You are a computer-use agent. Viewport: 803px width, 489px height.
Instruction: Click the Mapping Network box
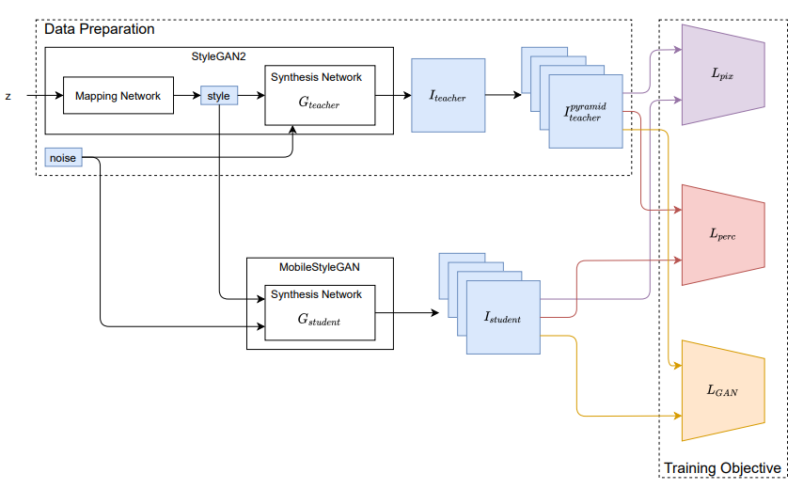pos(118,96)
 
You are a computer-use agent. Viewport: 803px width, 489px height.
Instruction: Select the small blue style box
pos(218,96)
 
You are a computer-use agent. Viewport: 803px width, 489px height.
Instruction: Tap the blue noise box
pos(62,158)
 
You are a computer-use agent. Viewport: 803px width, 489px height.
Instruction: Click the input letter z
pos(8,96)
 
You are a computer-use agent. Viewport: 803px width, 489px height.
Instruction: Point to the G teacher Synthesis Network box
pos(319,96)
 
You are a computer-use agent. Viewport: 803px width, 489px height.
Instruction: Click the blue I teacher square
pos(449,96)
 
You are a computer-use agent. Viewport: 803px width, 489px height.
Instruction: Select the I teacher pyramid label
pos(584,112)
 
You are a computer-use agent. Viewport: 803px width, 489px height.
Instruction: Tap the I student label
pos(503,318)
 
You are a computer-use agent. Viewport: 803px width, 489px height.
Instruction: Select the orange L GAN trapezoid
pos(721,389)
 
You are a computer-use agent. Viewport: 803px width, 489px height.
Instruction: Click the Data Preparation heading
pos(100,29)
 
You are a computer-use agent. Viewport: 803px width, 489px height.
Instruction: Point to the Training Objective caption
pos(721,468)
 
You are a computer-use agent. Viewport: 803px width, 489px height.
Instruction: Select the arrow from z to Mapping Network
pos(43,96)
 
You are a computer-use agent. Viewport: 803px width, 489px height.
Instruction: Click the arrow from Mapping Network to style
pos(187,96)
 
